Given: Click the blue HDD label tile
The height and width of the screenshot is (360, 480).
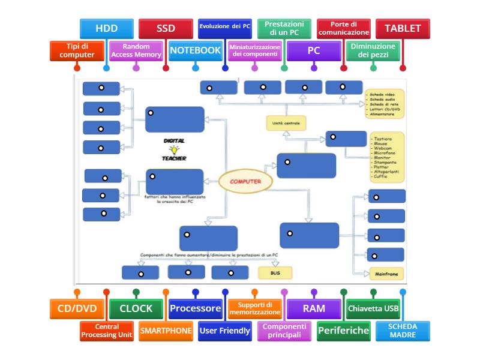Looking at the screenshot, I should (106, 28).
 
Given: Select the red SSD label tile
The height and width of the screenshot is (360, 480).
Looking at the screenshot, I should (166, 28).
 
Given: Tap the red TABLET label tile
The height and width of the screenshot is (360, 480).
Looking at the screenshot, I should (403, 28).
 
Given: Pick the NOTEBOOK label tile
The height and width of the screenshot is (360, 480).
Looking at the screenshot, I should (195, 51).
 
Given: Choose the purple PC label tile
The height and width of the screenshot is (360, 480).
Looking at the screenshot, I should (314, 51).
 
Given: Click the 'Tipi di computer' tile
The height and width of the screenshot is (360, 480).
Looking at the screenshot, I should (77, 51).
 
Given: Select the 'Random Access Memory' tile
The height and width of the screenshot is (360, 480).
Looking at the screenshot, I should (136, 51).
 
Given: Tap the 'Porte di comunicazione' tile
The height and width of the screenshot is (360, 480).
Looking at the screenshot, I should (343, 28).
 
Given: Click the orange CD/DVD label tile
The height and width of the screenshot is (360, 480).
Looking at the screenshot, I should (77, 309).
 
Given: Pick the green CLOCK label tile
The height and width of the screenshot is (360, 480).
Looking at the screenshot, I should (136, 309).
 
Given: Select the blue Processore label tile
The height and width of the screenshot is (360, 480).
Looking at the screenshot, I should (195, 309).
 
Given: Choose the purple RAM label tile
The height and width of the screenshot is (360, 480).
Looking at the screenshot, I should (314, 309).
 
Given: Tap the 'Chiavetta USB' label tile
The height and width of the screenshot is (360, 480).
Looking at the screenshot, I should (373, 309).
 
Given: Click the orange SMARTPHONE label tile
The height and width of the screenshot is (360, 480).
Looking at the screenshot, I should (166, 331).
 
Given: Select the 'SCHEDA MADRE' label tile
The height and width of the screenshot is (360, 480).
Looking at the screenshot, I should (403, 331).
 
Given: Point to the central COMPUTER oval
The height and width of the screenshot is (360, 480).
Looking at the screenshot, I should (245, 181).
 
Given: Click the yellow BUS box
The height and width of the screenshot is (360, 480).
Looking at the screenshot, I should (275, 273).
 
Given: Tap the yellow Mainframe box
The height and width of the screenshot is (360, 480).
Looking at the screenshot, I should (386, 274).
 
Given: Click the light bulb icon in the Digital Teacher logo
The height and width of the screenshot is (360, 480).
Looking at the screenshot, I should (174, 150).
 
